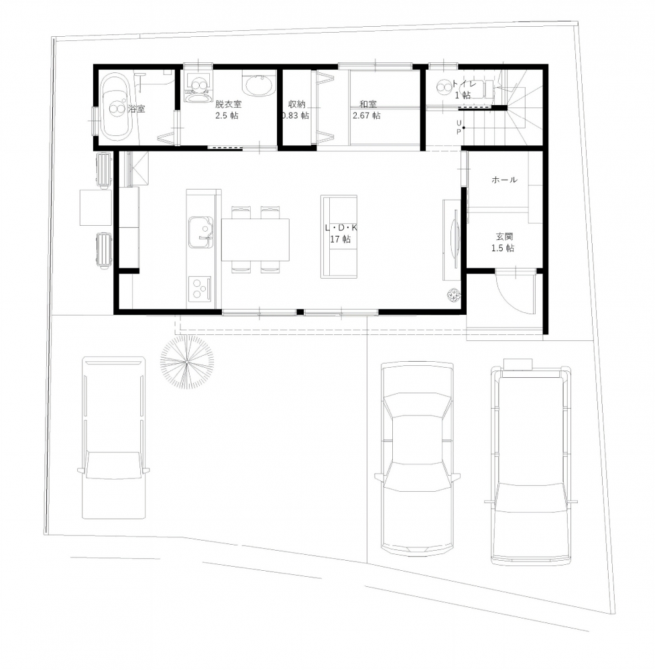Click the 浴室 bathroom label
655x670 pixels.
pos(137,109)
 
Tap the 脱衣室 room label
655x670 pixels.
pos(229,104)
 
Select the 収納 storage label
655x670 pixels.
pos(297,104)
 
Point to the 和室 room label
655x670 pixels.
pos(368,104)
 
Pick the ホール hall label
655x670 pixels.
pos(505,180)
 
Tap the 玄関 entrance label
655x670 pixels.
pos(505,237)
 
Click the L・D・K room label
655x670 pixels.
pos(341,228)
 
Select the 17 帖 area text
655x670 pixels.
pos(341,239)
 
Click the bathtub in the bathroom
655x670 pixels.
pos(116,107)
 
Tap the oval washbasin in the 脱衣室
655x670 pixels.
pos(258,85)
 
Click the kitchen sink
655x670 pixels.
pos(201,232)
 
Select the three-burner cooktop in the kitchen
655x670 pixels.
pos(200,288)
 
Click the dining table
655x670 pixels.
pos(255,240)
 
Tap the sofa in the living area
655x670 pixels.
pos(339,237)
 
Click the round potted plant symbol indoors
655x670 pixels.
pos(454,295)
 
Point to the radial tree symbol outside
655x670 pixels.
pos(187,362)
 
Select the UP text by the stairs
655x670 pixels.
pos(459,127)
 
